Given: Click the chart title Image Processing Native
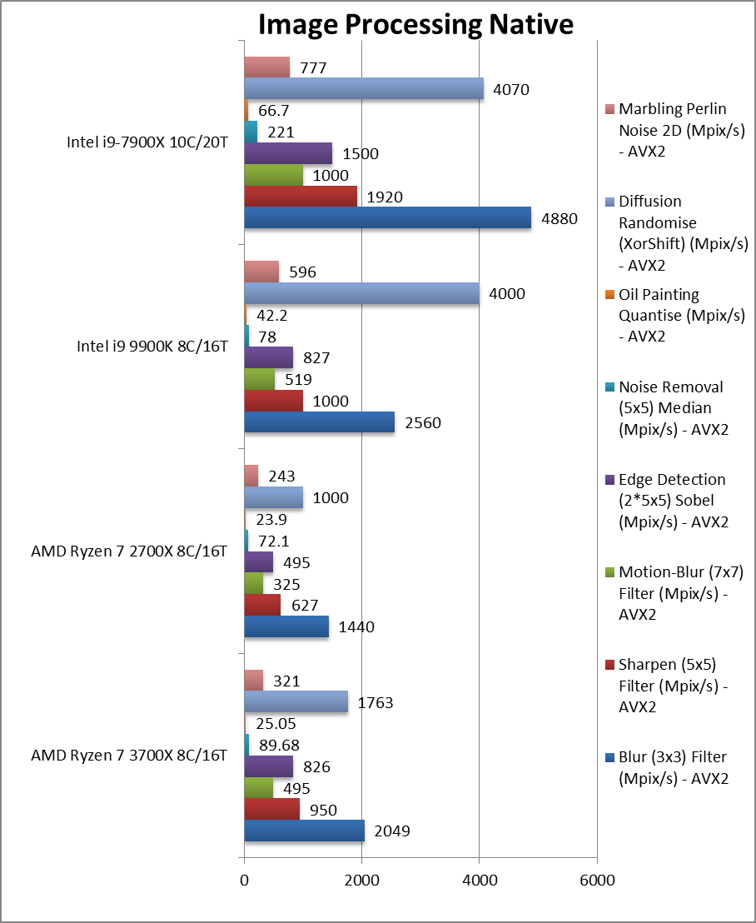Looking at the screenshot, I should click(x=415, y=25).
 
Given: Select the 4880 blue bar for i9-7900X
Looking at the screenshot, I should click(x=387, y=217).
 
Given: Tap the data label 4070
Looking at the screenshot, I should click(x=511, y=89).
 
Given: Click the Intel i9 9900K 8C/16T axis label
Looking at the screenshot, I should click(x=147, y=347).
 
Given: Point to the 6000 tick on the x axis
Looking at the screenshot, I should click(x=597, y=881).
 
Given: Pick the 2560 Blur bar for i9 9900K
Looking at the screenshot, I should click(x=319, y=422).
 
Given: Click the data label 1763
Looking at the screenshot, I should click(x=375, y=703).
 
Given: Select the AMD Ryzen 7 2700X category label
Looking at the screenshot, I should click(x=128, y=551).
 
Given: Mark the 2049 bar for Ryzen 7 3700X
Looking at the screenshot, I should click(x=304, y=831).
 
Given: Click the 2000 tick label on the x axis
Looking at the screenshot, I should click(x=362, y=881).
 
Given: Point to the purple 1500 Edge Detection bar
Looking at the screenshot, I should click(x=288, y=153).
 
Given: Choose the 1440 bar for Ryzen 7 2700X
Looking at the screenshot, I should click(x=286, y=626).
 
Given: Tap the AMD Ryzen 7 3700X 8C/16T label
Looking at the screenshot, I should click(x=128, y=756).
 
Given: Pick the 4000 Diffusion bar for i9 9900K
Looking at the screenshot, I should click(x=361, y=294).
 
